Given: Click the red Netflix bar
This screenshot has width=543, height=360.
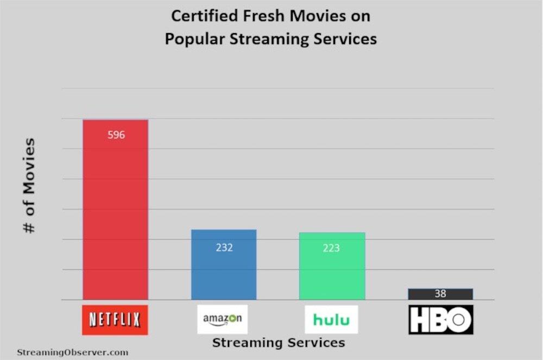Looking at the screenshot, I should (x=115, y=217).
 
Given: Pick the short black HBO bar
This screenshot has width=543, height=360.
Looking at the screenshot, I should (x=440, y=294).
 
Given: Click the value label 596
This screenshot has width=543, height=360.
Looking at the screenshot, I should (x=116, y=135).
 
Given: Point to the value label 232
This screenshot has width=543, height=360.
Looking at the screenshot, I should (x=224, y=248).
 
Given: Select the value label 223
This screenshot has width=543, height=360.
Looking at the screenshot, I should (x=331, y=248).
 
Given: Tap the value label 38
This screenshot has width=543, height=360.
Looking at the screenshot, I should (x=440, y=294).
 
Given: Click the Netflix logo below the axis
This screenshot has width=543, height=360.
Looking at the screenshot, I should (x=115, y=320).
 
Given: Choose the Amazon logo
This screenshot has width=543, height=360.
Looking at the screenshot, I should (x=223, y=319).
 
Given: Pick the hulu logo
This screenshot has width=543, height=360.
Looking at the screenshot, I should (x=331, y=319).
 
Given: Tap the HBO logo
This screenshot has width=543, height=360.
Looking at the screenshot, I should (x=440, y=320).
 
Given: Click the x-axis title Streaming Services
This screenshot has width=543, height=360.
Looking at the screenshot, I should (x=278, y=343).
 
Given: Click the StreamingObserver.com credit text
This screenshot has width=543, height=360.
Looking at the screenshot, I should (x=72, y=352).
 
